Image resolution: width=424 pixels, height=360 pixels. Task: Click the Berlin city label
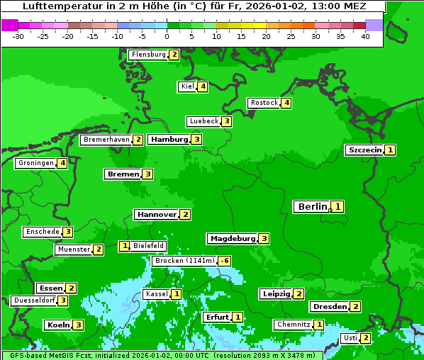point(312,207)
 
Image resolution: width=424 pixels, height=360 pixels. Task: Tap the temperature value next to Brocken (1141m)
point(225,261)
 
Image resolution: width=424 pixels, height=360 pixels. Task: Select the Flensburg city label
point(148,55)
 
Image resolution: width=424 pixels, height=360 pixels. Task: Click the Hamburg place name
point(169,140)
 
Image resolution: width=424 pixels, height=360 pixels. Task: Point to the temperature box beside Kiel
point(203,87)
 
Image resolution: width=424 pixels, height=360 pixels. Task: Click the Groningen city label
point(36,164)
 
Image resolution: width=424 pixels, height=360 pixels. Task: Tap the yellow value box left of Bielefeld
point(125,246)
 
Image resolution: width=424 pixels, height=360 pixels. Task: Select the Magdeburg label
point(232,239)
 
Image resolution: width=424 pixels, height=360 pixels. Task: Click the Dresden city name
point(329,307)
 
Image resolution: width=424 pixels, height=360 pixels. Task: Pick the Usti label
point(350,338)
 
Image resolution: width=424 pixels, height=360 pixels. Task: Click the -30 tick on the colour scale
point(18,36)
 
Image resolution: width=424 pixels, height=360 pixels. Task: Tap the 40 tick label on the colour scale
point(364,36)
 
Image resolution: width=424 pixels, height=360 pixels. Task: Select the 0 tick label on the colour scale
point(167,36)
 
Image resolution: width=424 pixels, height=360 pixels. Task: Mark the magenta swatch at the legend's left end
point(9,25)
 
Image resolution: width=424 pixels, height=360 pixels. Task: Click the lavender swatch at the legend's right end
point(374,25)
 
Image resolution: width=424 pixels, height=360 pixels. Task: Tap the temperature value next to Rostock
point(286,103)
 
